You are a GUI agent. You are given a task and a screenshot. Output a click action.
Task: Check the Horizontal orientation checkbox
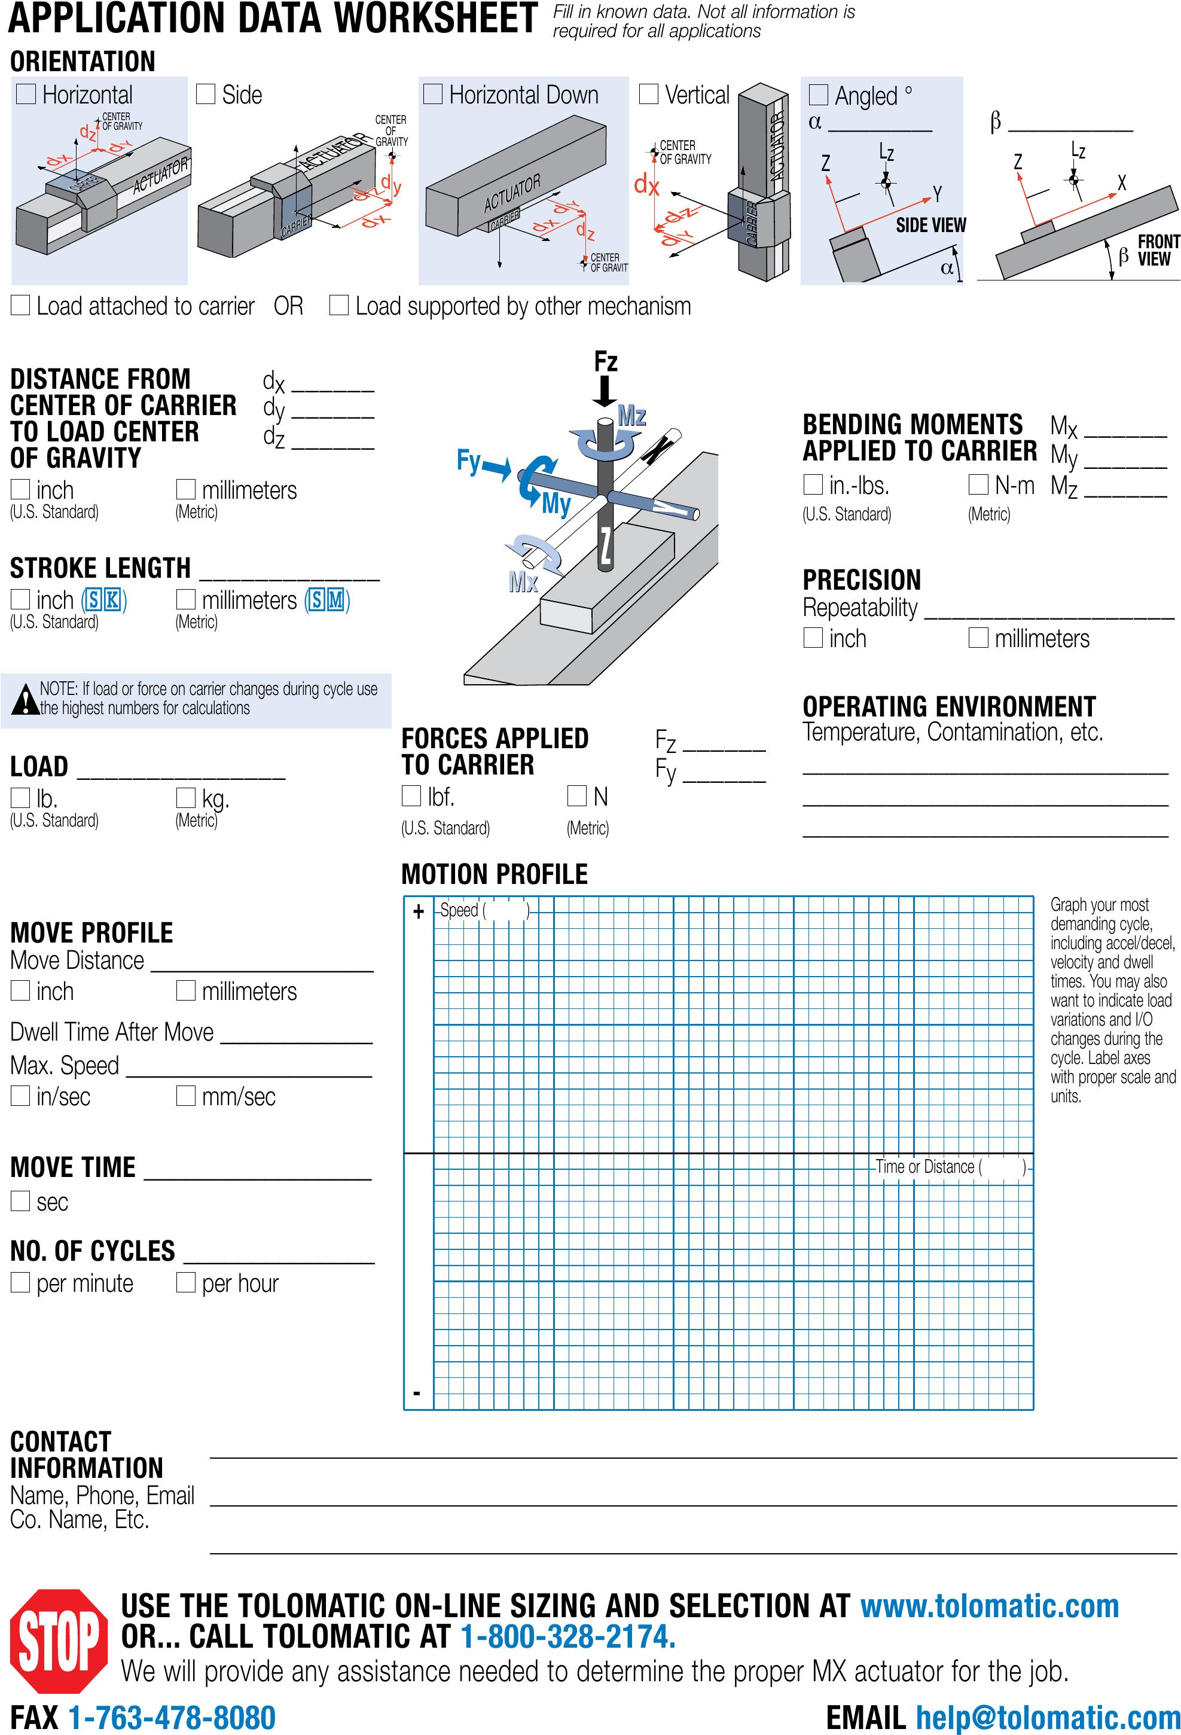(26, 93)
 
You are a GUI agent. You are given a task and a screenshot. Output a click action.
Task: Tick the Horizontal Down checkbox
(433, 93)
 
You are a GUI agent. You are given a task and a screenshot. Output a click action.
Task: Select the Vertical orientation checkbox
(649, 93)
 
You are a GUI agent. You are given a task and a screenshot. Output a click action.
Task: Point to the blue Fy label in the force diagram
(468, 461)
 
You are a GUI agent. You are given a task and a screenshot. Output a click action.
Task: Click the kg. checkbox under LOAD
(185, 797)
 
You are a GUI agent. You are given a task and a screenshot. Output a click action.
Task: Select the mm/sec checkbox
(185, 1095)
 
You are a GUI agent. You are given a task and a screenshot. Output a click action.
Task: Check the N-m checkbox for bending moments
(978, 484)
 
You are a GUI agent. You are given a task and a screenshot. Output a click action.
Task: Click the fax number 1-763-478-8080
(172, 1718)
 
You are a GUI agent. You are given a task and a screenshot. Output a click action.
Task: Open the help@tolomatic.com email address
(1048, 1718)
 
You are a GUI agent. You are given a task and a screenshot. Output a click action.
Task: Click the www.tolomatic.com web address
(989, 1606)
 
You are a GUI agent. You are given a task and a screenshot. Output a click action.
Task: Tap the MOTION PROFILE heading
(494, 873)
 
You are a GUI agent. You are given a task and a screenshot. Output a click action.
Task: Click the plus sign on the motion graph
(418, 911)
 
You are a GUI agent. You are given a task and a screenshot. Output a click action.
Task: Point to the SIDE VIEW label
(930, 225)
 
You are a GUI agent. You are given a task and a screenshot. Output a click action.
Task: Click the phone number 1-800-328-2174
(568, 1636)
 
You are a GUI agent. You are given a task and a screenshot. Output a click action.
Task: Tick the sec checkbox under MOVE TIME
(20, 1201)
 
